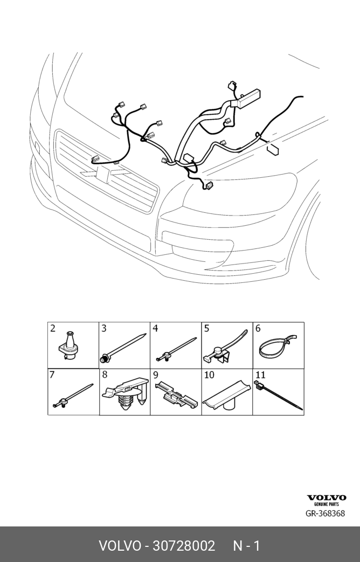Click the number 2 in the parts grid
click(x=53, y=328)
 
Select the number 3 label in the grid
click(x=104, y=328)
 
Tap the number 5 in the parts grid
click(x=206, y=328)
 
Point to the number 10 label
click(x=209, y=374)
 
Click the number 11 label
click(x=259, y=374)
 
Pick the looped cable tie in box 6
click(x=277, y=346)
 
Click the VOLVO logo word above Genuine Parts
click(x=327, y=498)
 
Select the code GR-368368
click(x=326, y=514)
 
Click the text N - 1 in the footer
click(x=246, y=545)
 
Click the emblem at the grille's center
click(x=104, y=173)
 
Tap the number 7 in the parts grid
click(x=52, y=374)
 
